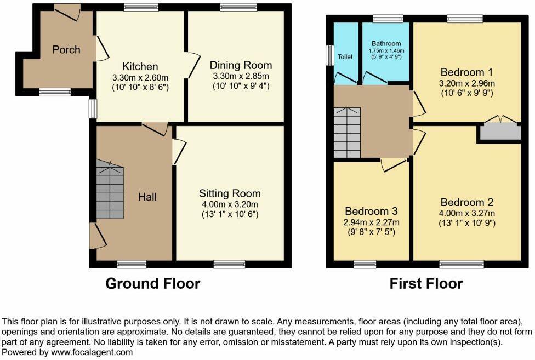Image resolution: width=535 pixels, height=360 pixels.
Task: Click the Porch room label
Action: [66, 50]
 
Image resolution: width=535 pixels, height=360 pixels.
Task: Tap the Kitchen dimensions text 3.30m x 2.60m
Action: [140, 77]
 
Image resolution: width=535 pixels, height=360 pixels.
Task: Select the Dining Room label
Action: [241, 65]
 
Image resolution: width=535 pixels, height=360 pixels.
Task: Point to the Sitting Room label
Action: [230, 193]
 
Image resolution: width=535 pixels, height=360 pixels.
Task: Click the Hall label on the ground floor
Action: [147, 197]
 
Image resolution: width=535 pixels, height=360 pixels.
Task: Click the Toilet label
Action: [345, 56]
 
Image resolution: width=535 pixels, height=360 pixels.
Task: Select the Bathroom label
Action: [386, 44]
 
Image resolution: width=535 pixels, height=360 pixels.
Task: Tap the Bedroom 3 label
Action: [371, 211]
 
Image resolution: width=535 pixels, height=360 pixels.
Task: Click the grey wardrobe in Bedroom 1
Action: [499, 132]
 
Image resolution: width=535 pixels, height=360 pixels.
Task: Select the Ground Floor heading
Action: [152, 284]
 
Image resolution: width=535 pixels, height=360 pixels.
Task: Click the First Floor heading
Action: [426, 284]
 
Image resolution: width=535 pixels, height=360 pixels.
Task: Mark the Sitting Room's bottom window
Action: [230, 264]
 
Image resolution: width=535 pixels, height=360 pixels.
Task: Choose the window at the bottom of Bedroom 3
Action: [365, 265]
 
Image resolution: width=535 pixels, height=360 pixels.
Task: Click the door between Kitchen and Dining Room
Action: [191, 66]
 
